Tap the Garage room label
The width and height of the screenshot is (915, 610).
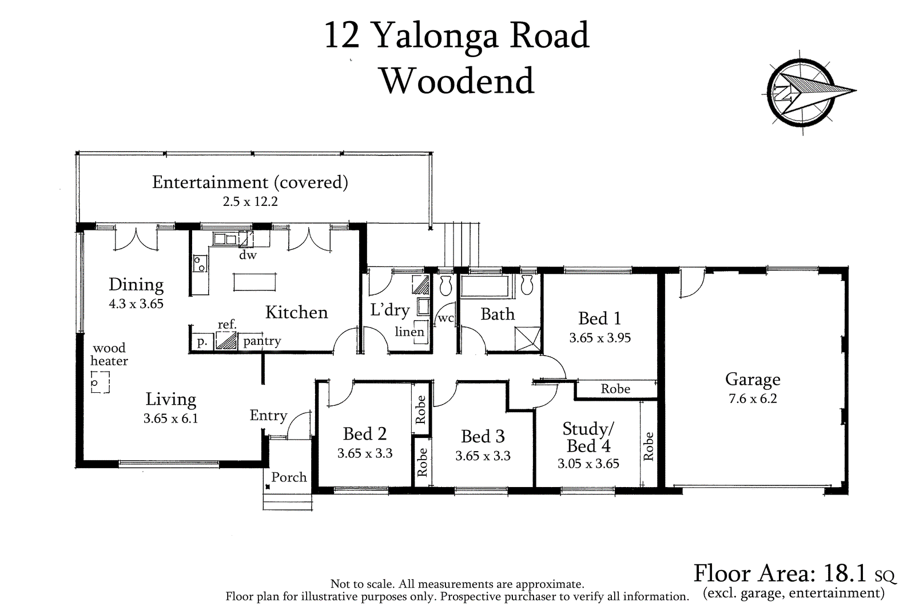753,379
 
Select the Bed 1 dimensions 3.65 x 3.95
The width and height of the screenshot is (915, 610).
600,338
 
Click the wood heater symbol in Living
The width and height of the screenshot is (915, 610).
100,382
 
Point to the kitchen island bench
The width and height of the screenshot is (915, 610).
254,282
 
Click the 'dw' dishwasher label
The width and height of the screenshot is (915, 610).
248,256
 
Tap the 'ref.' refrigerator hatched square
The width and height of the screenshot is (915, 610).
226,341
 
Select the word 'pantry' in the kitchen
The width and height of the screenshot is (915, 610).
262,341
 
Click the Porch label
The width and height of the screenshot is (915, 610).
289,477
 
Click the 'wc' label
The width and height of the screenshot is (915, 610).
445,318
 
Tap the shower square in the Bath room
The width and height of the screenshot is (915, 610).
527,338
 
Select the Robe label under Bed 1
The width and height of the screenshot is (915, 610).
615,389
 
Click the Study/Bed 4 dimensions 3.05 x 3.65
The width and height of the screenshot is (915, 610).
588,464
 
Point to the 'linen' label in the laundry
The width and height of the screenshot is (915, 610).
409,332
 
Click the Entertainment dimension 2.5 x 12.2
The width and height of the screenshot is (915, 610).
250,201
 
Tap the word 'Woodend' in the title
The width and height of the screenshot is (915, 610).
457,81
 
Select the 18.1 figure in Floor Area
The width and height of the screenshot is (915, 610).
845,573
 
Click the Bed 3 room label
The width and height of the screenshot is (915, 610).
483,436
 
